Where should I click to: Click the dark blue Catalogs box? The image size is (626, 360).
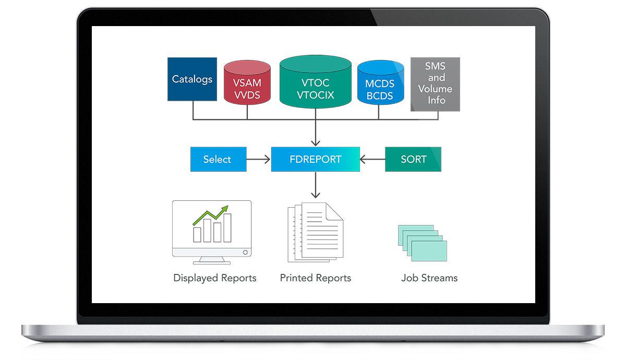pos(192,79)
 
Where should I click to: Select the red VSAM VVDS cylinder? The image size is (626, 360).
pos(247,83)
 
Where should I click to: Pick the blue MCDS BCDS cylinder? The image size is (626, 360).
pos(380,85)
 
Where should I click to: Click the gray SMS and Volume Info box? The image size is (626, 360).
pos(435,84)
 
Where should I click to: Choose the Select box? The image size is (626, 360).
pos(218,159)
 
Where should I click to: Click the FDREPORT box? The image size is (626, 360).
pos(315,159)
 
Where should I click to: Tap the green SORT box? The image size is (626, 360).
pos(413,159)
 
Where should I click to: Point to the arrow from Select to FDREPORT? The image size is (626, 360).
pos(259,159)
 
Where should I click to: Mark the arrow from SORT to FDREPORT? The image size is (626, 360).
pos(372,159)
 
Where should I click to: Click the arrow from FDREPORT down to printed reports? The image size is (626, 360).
pos(315,185)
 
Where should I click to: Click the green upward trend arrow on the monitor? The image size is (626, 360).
pos(211,214)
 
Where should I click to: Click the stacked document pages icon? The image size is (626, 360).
pos(315,232)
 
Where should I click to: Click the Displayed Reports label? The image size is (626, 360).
pos(215,278)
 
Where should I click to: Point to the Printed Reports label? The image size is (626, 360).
pos(316,278)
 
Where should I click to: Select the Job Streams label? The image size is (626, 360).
pos(429,278)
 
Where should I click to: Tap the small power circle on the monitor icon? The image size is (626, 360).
pos(245,252)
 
